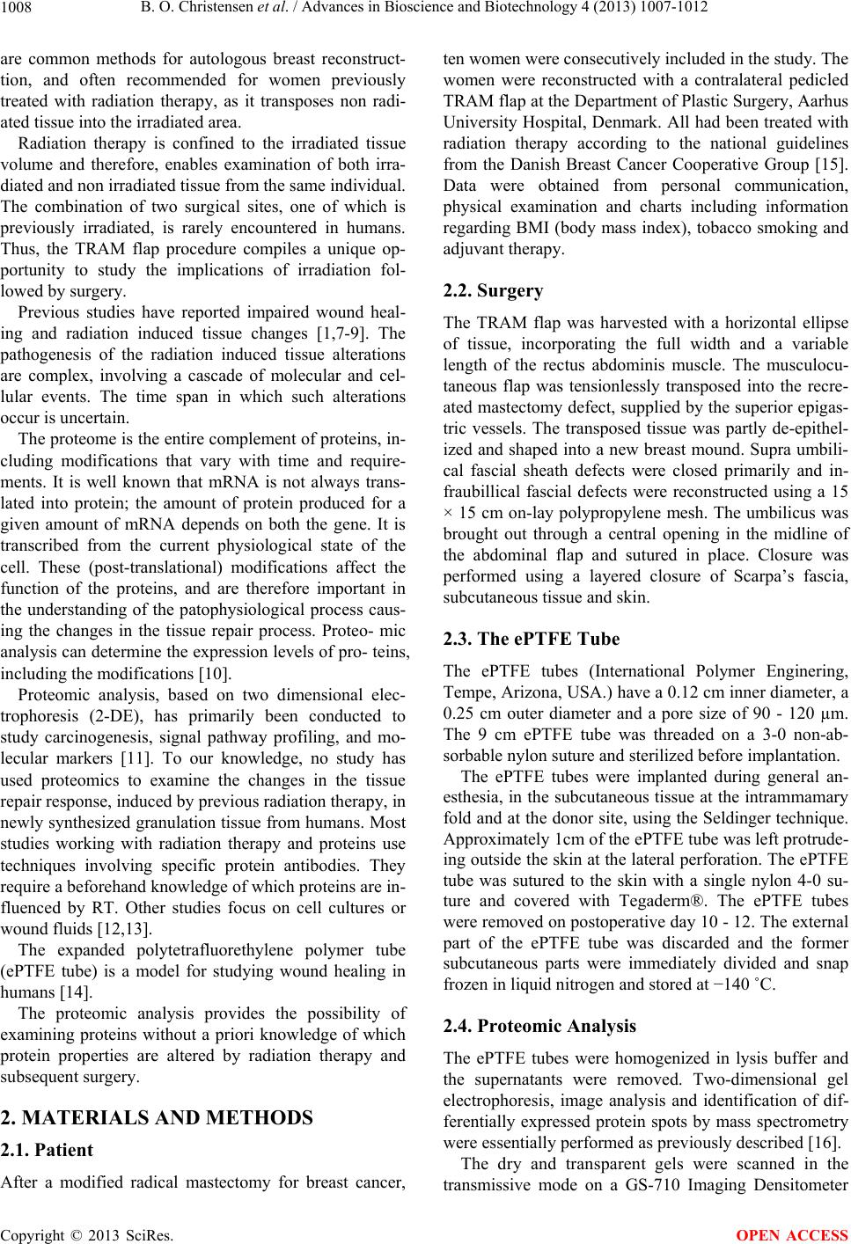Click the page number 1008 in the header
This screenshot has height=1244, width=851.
tap(18, 11)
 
